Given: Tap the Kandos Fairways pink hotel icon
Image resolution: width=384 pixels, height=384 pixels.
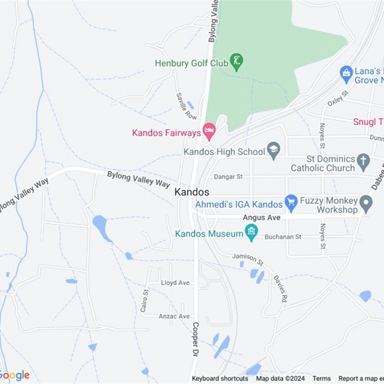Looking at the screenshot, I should pyautogui.click(x=209, y=130).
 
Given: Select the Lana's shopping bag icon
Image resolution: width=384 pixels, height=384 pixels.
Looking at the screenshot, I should pyautogui.click(x=346, y=73).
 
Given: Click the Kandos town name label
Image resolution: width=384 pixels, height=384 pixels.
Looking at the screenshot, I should pyautogui.click(x=192, y=192).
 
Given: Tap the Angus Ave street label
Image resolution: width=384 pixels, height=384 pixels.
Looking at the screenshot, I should pyautogui.click(x=261, y=217).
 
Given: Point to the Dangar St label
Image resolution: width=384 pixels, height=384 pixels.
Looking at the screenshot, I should pyautogui.click(x=228, y=177).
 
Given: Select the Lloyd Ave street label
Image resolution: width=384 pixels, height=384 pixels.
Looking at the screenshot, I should pyautogui.click(x=175, y=283).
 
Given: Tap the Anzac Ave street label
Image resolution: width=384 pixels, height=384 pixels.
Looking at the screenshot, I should pyautogui.click(x=175, y=316).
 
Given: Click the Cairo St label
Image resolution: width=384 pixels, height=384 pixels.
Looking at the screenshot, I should pyautogui.click(x=144, y=301).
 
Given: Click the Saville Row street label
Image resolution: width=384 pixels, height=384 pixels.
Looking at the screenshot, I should pyautogui.click(x=186, y=106).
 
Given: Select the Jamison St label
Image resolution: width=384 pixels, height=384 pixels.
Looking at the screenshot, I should pyautogui.click(x=248, y=260).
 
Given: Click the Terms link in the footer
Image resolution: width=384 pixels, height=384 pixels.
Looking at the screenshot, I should pyautogui.click(x=322, y=378).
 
